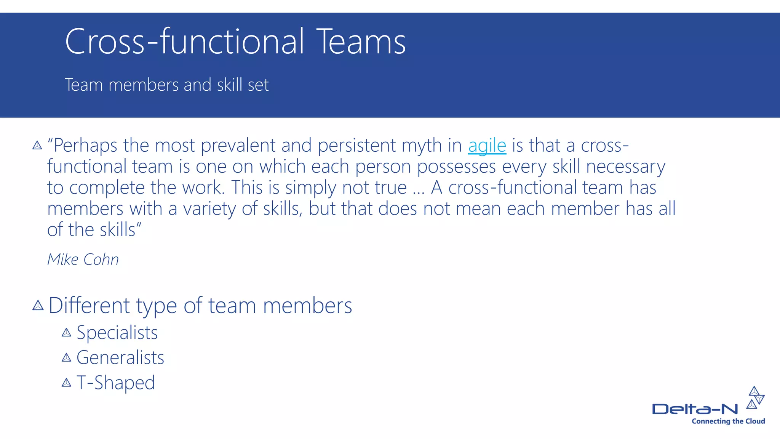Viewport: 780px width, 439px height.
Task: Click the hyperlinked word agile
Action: click(487, 146)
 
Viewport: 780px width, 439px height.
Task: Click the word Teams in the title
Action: click(361, 42)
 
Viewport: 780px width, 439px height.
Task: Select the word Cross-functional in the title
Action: click(184, 42)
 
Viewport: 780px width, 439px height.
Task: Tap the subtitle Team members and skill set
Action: click(166, 85)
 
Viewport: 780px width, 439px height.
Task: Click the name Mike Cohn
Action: click(83, 260)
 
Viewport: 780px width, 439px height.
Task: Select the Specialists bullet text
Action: click(117, 333)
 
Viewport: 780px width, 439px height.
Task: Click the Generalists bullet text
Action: click(120, 357)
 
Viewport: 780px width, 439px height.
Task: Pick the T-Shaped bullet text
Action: click(115, 383)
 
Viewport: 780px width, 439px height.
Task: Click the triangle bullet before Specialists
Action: click(66, 333)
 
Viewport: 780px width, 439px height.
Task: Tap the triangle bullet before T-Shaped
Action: click(66, 383)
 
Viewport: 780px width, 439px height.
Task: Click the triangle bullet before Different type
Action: click(38, 305)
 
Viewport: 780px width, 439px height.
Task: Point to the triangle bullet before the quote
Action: click(37, 145)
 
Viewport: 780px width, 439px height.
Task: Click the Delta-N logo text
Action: click(695, 409)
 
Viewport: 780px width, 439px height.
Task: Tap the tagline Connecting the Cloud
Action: click(728, 421)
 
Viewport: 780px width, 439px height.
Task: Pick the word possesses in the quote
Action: click(456, 167)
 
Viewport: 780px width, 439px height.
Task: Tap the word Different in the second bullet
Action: click(89, 306)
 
